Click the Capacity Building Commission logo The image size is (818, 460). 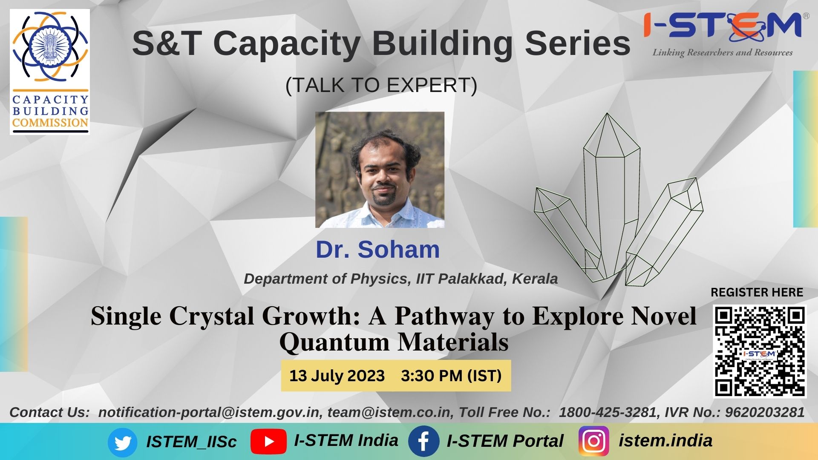[50, 72]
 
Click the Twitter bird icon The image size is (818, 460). [122, 443]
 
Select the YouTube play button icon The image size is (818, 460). [268, 442]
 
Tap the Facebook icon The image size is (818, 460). [423, 442]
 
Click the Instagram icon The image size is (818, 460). [594, 441]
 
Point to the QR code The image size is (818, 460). [760, 351]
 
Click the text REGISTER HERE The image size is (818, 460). [757, 292]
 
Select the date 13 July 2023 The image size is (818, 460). [337, 376]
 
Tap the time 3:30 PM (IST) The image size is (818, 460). [451, 376]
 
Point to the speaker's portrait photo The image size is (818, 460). [380, 170]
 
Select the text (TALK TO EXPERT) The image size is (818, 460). [381, 85]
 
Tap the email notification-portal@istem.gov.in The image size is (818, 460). [208, 412]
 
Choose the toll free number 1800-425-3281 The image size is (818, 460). [608, 412]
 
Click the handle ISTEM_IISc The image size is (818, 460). [191, 442]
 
